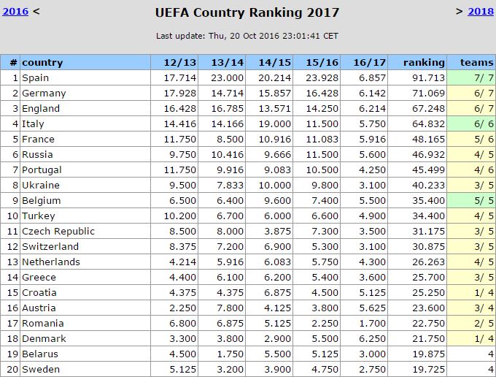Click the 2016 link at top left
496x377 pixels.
16,11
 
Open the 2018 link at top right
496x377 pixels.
480,11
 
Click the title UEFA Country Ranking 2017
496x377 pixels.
247,12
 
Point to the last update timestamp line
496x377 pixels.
247,36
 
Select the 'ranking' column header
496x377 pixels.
424,63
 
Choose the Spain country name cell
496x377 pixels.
36,78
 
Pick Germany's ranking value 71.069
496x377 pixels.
428,94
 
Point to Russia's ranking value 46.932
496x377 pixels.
428,155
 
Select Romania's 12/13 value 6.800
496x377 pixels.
182,324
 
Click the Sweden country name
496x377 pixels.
41,370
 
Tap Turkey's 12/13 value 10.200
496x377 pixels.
179,216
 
